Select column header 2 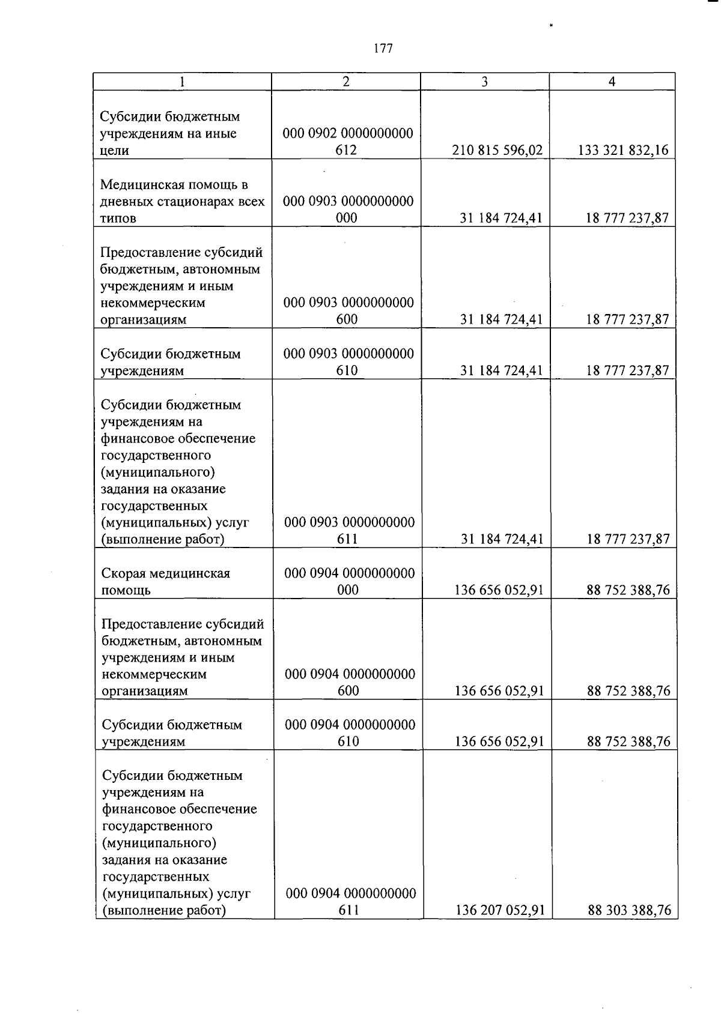[x=346, y=82]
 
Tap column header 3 [x=485, y=82]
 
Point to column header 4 [x=612, y=82]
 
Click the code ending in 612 [x=348, y=142]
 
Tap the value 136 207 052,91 [x=500, y=911]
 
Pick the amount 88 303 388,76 [x=629, y=911]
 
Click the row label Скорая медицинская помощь [x=166, y=582]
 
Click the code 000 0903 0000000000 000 [x=348, y=210]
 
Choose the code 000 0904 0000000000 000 [x=350, y=581]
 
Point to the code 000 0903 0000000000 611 [x=349, y=531]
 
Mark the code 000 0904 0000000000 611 [x=351, y=902]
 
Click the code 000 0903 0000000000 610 [x=348, y=362]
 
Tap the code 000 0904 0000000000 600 [x=350, y=682]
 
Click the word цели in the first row [x=115, y=151]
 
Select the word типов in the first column [x=118, y=219]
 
